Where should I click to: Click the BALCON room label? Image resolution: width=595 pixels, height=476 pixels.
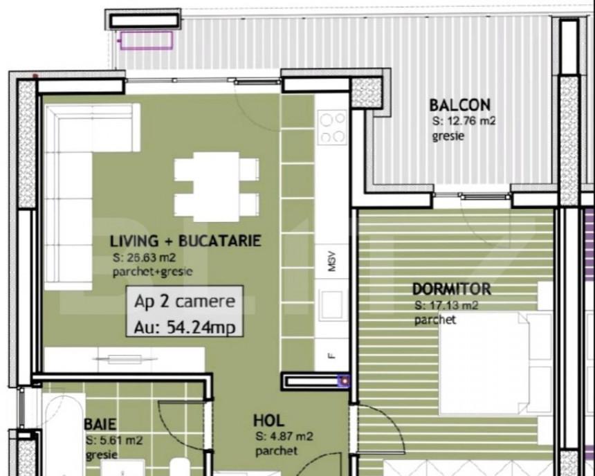pyautogui.click(x=459, y=104)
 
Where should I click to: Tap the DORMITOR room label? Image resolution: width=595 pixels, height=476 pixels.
pyautogui.click(x=452, y=289)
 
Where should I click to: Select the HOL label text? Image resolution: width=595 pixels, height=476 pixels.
pyautogui.click(x=268, y=421)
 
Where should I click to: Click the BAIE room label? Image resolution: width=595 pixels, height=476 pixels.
pyautogui.click(x=100, y=424)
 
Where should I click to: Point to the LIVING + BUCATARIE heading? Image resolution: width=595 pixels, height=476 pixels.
pyautogui.click(x=185, y=241)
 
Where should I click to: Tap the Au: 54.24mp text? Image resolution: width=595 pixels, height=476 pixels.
pyautogui.click(x=185, y=327)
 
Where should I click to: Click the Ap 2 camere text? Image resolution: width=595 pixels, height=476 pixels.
pyautogui.click(x=185, y=302)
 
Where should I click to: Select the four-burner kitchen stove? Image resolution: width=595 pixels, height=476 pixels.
pyautogui.click(x=333, y=127)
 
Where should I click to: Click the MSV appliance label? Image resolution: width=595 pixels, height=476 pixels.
pyautogui.click(x=332, y=261)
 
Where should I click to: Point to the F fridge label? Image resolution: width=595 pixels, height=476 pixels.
pyautogui.click(x=331, y=356)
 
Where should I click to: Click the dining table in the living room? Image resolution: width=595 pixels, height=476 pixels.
pyautogui.click(x=217, y=187)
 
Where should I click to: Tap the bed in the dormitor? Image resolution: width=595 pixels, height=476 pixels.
pyautogui.click(x=495, y=363)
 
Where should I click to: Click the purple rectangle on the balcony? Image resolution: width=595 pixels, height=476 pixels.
pyautogui.click(x=147, y=41)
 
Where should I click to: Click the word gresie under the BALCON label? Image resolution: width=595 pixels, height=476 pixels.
pyautogui.click(x=448, y=136)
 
